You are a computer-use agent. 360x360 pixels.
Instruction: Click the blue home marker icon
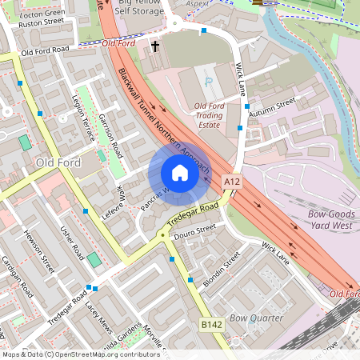tap(180, 173)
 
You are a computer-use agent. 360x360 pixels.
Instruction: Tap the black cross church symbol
tap(155, 46)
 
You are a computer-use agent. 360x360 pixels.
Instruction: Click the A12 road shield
tap(232, 182)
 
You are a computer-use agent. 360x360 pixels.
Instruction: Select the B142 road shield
tap(211, 324)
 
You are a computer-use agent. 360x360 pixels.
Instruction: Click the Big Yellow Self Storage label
tap(145, 9)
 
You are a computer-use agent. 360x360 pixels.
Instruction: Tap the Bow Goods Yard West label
tap(332, 220)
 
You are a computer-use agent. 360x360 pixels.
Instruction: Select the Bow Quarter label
tap(256, 318)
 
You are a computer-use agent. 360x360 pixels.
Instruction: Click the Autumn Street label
tap(271, 107)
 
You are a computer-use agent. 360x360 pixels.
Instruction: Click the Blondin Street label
tap(221, 270)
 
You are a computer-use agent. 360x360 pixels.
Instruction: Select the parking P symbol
tap(209, 82)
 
